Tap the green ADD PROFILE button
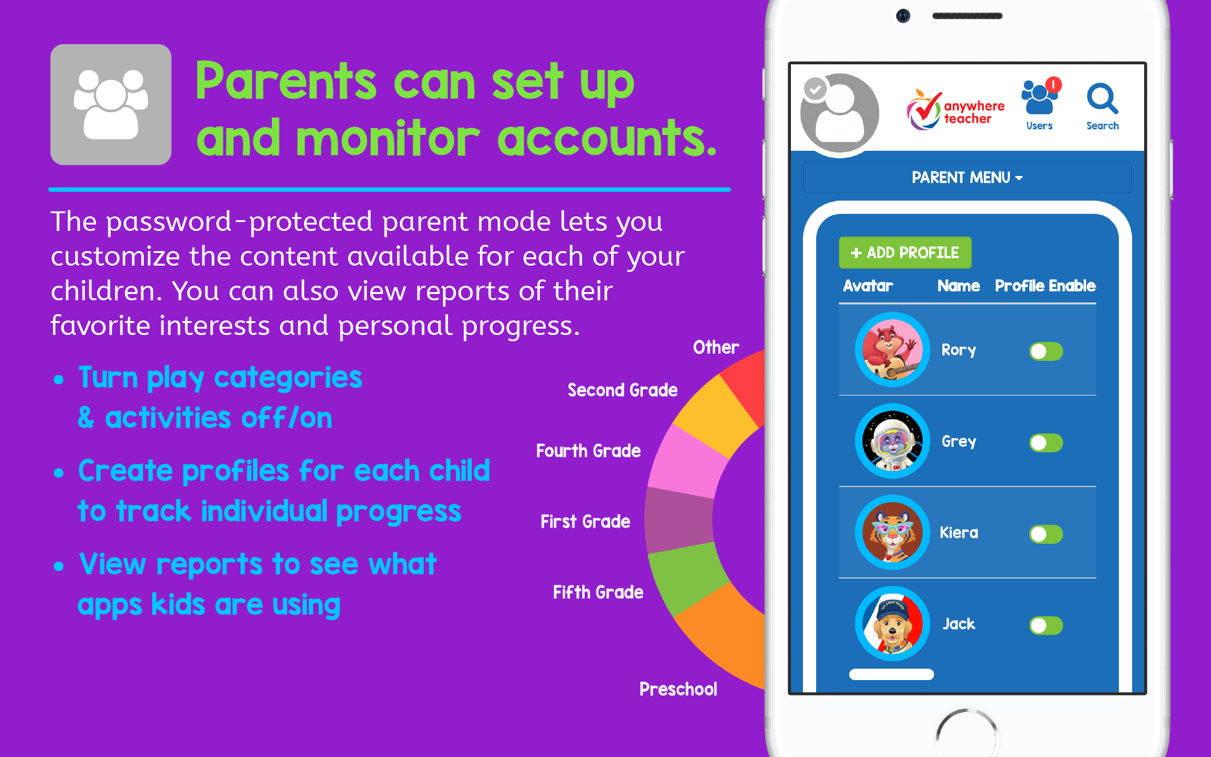click(904, 253)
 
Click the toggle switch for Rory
click(1046, 351)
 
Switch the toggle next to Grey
click(1046, 443)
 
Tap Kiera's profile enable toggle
click(1046, 534)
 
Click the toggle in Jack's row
click(1046, 626)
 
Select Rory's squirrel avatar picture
click(892, 349)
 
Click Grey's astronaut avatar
click(892, 441)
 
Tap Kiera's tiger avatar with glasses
click(892, 532)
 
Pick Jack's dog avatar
click(892, 624)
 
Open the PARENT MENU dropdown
click(966, 178)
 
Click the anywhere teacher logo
click(955, 110)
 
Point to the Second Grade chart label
click(622, 390)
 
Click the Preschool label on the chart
click(678, 689)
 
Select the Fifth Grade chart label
click(598, 592)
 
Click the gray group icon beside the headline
click(111, 105)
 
